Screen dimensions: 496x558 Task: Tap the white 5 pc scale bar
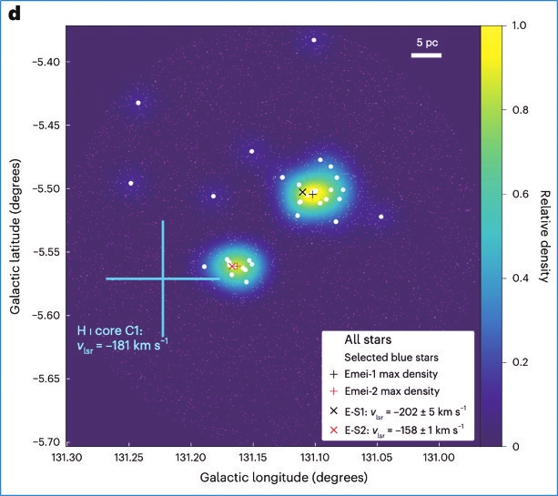tap(426, 56)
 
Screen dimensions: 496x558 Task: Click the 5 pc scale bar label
tap(426, 43)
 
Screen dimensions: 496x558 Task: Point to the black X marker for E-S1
tap(302, 192)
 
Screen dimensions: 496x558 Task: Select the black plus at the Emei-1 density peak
tap(313, 195)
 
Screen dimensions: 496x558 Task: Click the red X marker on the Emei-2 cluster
tap(233, 266)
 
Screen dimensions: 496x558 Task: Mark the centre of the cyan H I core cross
tap(163, 278)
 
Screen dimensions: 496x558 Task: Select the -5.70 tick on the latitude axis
tap(43, 441)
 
